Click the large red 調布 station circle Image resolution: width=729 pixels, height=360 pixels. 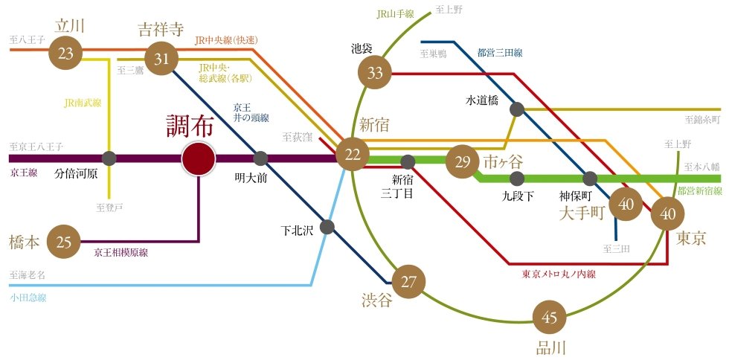[199, 159]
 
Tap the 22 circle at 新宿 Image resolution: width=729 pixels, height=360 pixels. [353, 155]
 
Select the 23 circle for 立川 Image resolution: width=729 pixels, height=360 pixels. [66, 54]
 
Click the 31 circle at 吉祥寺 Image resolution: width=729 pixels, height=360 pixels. [161, 59]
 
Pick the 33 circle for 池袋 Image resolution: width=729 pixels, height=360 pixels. [375, 73]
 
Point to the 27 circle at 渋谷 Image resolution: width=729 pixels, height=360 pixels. [408, 282]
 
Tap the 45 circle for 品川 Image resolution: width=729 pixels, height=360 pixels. [550, 318]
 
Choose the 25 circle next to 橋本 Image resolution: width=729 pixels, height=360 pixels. [65, 242]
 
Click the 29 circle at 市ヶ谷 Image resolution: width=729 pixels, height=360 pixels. [463, 163]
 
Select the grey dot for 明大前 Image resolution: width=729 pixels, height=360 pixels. [260, 158]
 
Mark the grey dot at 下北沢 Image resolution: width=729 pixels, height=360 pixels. [327, 227]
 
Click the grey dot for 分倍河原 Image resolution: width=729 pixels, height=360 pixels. [109, 158]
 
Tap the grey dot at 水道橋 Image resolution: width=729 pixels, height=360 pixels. [517, 109]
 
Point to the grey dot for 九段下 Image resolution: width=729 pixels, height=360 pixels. [517, 179]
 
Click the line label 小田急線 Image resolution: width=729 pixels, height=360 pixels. [28, 298]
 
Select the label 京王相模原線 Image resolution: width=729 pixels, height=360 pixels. [121, 253]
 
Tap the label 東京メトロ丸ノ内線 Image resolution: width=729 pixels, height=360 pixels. [559, 274]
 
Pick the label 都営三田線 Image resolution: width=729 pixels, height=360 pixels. [500, 53]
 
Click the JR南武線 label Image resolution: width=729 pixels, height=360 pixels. [83, 103]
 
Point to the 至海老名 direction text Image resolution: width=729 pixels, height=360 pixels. [28, 275]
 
